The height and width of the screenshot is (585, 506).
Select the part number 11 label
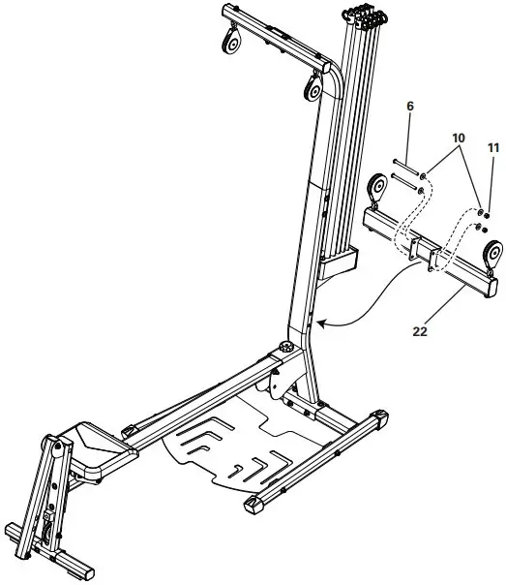coord(493,149)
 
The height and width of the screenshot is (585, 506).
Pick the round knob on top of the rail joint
coord(286,348)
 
